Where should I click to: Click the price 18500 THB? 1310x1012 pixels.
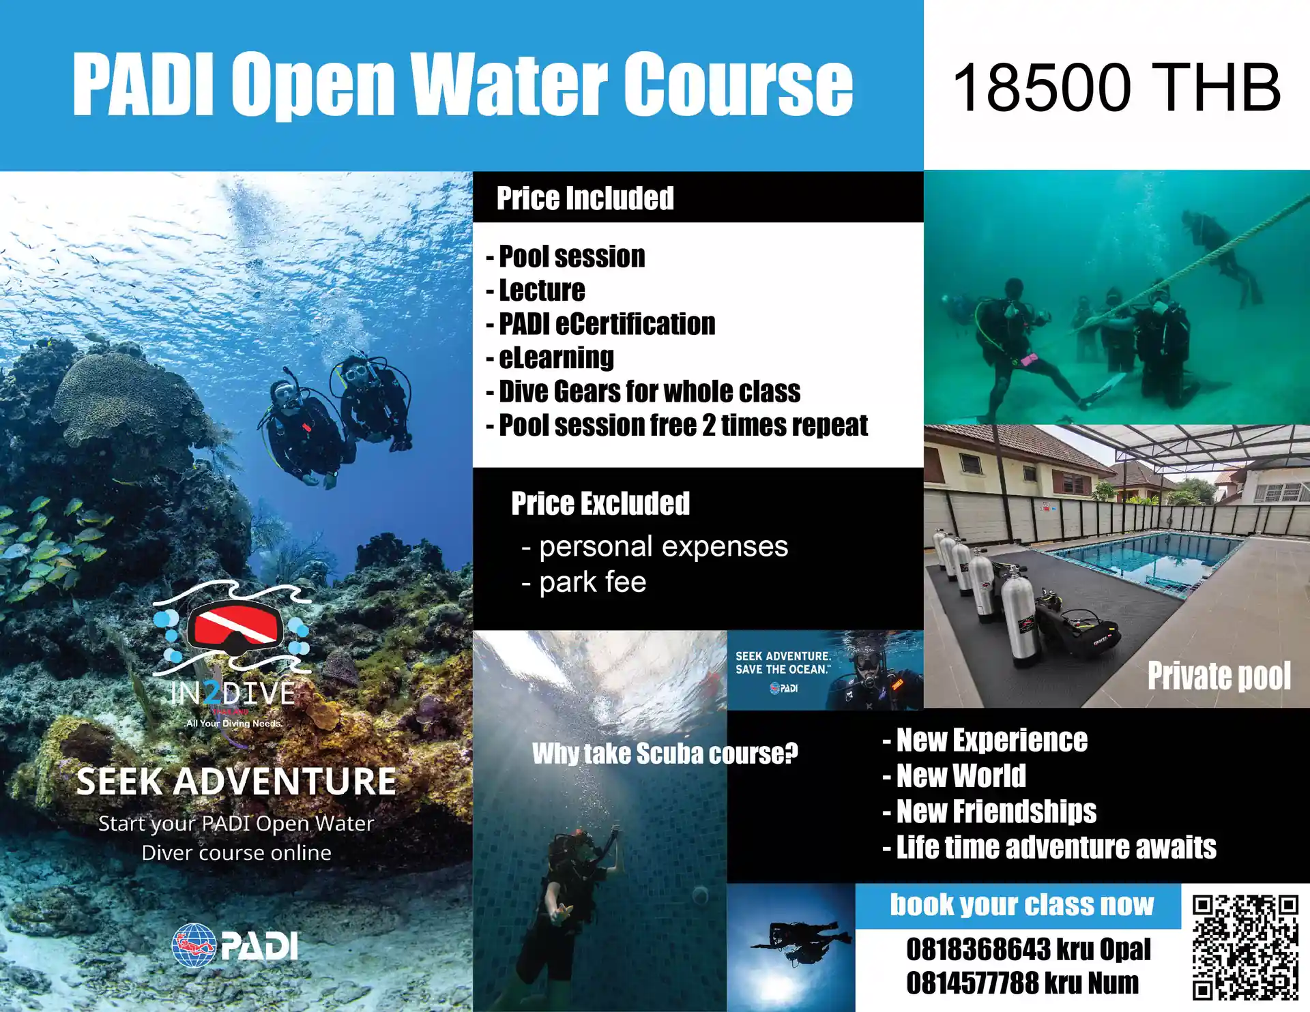click(1116, 87)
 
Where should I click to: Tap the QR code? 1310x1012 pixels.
click(1245, 948)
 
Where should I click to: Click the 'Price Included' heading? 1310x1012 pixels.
click(585, 198)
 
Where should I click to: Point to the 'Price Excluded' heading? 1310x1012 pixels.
click(600, 503)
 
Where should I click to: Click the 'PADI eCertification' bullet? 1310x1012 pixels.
click(601, 324)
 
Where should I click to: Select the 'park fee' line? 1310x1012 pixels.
click(584, 582)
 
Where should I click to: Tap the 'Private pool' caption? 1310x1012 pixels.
click(1219, 676)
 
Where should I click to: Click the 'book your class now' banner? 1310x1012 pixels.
click(1021, 905)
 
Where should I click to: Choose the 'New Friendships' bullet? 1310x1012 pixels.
click(990, 812)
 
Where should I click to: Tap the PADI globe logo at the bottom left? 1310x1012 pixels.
click(194, 945)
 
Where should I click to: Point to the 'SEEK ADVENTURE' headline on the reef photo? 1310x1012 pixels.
click(236, 782)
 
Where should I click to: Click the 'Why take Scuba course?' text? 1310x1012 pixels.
click(665, 754)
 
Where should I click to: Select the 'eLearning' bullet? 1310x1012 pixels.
click(551, 358)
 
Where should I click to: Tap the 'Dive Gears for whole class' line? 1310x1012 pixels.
click(643, 391)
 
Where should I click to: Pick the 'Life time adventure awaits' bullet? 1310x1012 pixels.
click(1049, 848)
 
